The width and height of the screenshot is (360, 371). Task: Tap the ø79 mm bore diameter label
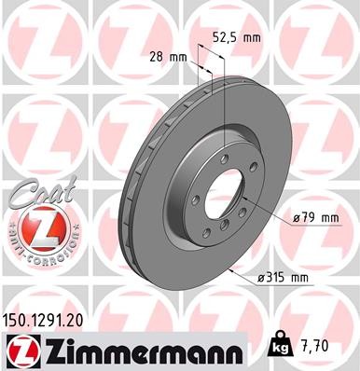click(312, 218)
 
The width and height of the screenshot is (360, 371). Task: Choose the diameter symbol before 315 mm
click(260, 278)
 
